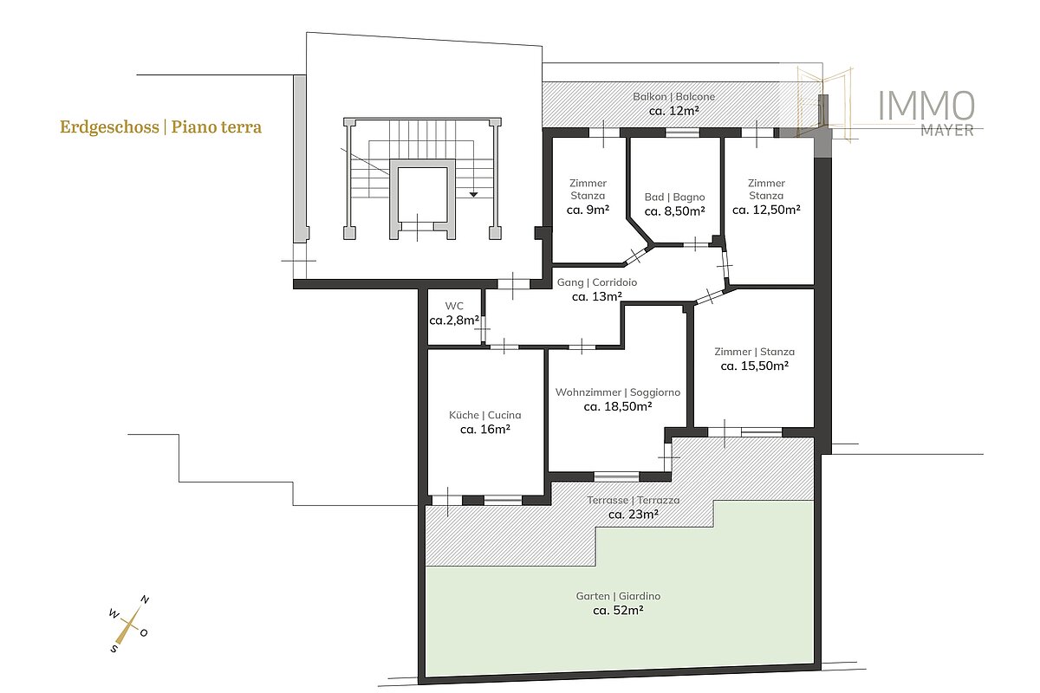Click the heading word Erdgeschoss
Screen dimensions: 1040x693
pyautogui.click(x=109, y=127)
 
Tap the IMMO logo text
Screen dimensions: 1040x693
pyautogui.click(x=926, y=106)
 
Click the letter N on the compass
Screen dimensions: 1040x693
pyautogui.click(x=145, y=600)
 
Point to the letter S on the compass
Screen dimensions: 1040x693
pyautogui.click(x=114, y=649)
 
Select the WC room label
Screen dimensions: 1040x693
pyautogui.click(x=454, y=306)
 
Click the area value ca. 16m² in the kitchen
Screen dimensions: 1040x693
pyautogui.click(x=485, y=429)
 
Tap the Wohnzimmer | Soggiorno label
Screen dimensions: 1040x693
pyautogui.click(x=618, y=392)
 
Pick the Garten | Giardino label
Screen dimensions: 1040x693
pyautogui.click(x=618, y=596)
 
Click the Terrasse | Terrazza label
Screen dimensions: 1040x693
pyautogui.click(x=634, y=500)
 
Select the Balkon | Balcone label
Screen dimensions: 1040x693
pyautogui.click(x=673, y=96)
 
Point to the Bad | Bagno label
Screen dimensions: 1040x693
pyautogui.click(x=674, y=198)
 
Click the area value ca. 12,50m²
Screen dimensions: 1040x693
pyautogui.click(x=766, y=210)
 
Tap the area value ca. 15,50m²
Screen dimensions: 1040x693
pyautogui.click(x=755, y=366)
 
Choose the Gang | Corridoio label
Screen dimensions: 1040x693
pyautogui.click(x=596, y=282)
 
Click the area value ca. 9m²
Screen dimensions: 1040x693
pyautogui.click(x=588, y=210)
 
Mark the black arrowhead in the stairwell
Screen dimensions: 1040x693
pyautogui.click(x=473, y=195)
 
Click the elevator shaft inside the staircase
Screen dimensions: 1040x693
pyautogui.click(x=423, y=195)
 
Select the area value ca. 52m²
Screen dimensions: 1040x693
pyautogui.click(x=618, y=611)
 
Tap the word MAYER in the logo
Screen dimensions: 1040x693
pyautogui.click(x=947, y=131)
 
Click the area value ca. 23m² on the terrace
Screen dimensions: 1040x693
pyautogui.click(x=634, y=515)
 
